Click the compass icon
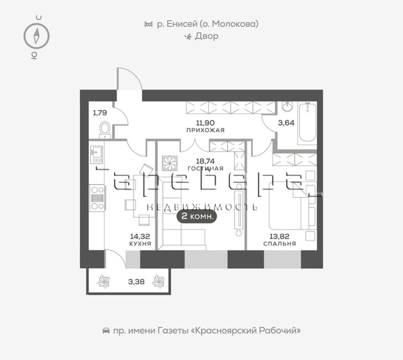[37, 36]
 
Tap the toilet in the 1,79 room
[105, 130]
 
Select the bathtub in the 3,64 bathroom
[307, 122]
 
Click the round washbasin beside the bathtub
[288, 106]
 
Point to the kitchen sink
[96, 154]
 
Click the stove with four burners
[97, 198]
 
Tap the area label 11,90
[206, 123]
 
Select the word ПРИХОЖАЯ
[206, 130]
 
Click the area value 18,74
[206, 161]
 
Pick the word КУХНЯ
[140, 243]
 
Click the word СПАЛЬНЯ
[280, 243]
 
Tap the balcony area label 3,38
[136, 282]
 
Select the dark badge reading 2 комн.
[197, 216]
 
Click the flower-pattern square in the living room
[170, 163]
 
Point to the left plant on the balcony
[104, 281]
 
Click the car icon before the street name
[106, 330]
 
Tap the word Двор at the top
[207, 36]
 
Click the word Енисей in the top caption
[182, 24]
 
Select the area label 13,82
[280, 236]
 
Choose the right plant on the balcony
[158, 281]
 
